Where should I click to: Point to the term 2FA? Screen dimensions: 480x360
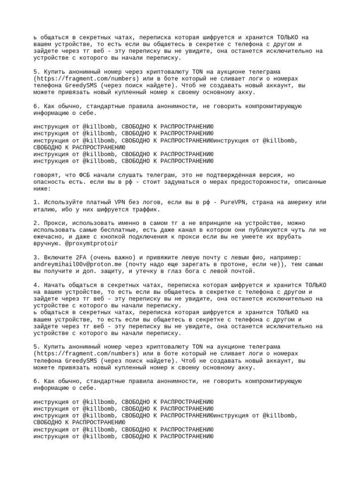click(77, 257)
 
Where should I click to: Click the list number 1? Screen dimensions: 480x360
click(36, 202)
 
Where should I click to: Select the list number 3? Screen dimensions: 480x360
click(36, 257)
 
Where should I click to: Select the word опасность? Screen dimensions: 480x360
click(50, 181)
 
